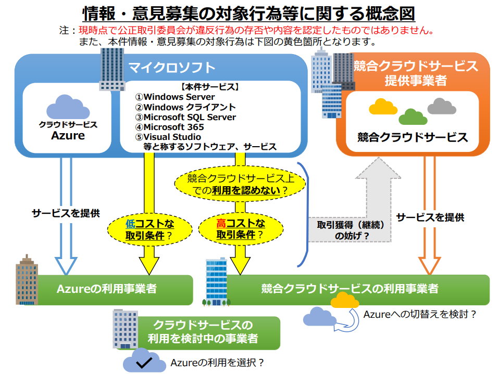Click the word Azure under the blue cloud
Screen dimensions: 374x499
(x=68, y=136)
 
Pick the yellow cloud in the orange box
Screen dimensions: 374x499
(x=383, y=108)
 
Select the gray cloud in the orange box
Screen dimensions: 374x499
(x=442, y=107)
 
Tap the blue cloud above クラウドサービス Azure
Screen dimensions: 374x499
(x=68, y=108)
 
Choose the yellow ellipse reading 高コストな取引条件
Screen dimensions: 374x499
(x=241, y=229)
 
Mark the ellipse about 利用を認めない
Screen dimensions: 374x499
(x=240, y=185)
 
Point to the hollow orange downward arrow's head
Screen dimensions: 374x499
(x=430, y=265)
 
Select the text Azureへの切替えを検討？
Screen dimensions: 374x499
(x=419, y=315)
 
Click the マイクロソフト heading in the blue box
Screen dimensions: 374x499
(x=172, y=67)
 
